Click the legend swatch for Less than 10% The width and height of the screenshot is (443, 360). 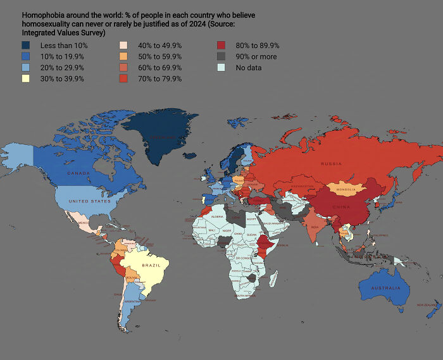(26, 46)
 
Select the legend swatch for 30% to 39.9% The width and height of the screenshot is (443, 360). (26, 78)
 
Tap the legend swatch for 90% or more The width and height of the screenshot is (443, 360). (221, 56)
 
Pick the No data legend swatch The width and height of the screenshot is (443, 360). (221, 68)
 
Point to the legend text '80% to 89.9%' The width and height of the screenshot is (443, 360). (258, 46)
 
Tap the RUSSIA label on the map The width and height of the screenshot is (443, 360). (331, 164)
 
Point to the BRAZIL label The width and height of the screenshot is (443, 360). (152, 265)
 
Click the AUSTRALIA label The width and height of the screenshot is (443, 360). (386, 289)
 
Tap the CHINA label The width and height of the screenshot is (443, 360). (342, 207)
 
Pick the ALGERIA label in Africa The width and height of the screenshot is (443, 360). (217, 217)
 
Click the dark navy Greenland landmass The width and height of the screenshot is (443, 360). (161, 136)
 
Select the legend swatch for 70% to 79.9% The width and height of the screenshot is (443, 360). (124, 78)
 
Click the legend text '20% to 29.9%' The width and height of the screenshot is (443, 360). (62, 68)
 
